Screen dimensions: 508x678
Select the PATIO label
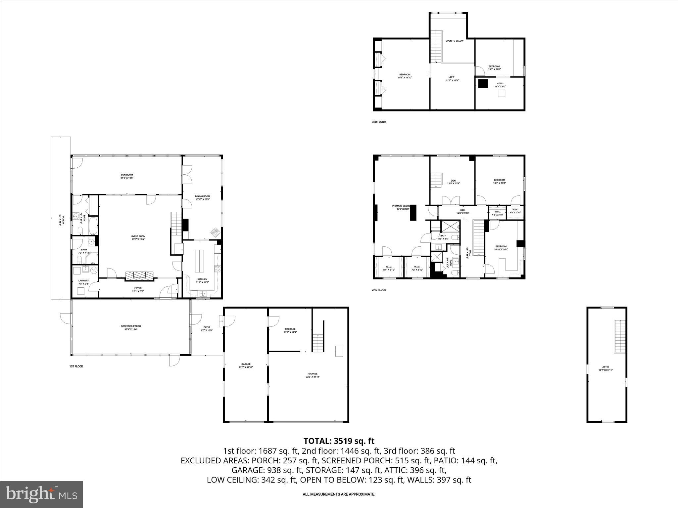207,328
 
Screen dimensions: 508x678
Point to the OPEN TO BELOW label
454,41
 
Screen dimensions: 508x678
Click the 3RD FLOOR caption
378,122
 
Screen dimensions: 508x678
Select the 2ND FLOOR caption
379,290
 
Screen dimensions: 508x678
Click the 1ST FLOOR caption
76,366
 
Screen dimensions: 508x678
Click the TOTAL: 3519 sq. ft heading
339,441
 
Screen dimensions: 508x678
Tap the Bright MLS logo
41,494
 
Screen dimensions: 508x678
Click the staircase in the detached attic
619,336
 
